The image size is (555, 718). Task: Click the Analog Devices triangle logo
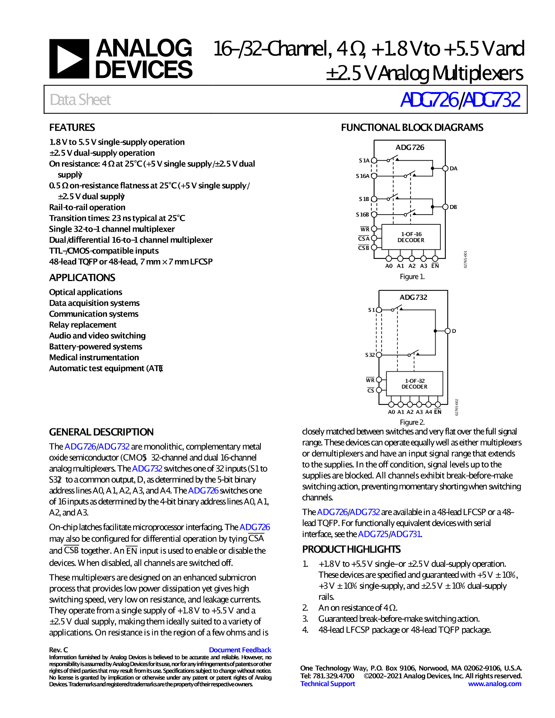pyautogui.click(x=69, y=59)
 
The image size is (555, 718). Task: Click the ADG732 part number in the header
pyautogui.click(x=492, y=100)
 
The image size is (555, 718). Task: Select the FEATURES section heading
pyautogui.click(x=72, y=128)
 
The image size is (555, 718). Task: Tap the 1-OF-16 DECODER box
pyautogui.click(x=411, y=237)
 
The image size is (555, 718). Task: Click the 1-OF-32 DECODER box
pyautogui.click(x=414, y=384)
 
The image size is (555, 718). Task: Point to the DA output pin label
pyautogui.click(x=453, y=169)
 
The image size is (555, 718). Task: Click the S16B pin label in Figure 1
pyautogui.click(x=362, y=215)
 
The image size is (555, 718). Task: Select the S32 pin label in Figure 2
pyautogui.click(x=370, y=355)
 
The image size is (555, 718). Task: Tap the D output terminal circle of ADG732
pyautogui.click(x=448, y=331)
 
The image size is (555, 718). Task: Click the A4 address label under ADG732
pyautogui.click(x=428, y=412)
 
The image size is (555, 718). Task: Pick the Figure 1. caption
pyautogui.click(x=412, y=277)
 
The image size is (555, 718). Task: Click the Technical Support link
pyautogui.click(x=328, y=684)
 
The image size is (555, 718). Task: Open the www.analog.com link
pyautogui.click(x=494, y=684)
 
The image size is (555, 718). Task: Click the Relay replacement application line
pyautogui.click(x=83, y=325)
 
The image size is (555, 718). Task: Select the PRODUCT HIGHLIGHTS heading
pyautogui.click(x=351, y=549)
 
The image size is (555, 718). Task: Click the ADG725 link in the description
pyautogui.click(x=373, y=534)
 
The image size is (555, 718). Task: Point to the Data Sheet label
pyautogui.click(x=80, y=100)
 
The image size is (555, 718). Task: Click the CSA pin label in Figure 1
pyautogui.click(x=363, y=239)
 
